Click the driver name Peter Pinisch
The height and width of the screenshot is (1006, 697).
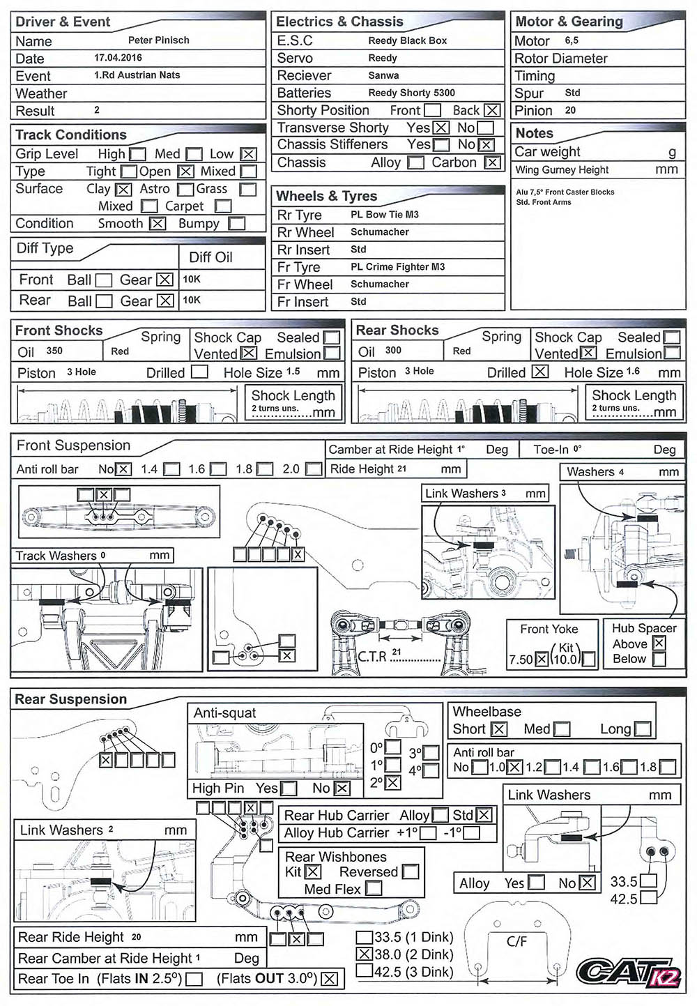(x=158, y=40)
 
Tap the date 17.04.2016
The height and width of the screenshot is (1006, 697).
(x=118, y=58)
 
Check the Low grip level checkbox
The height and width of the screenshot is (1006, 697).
(x=248, y=155)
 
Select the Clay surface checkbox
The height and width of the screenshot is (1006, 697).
(x=123, y=190)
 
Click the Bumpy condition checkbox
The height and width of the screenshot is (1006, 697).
(x=237, y=224)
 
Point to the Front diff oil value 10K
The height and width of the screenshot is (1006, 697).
(x=191, y=280)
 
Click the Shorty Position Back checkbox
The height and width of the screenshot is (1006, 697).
(x=492, y=110)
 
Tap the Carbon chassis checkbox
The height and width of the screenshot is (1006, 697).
(x=492, y=162)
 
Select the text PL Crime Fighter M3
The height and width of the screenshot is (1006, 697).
(x=397, y=267)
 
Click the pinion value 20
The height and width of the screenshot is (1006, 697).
(x=570, y=110)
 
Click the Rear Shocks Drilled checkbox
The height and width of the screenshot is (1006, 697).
(x=539, y=372)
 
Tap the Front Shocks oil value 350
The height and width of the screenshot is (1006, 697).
(x=54, y=351)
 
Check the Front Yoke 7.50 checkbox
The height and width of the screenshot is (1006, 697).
(x=542, y=660)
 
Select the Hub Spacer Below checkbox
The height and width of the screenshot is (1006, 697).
(x=659, y=660)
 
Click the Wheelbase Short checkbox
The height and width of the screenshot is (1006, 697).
(x=498, y=729)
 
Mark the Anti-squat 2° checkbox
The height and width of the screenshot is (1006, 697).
(x=392, y=783)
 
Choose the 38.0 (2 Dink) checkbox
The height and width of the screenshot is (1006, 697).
(x=365, y=954)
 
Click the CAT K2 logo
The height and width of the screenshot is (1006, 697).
(x=629, y=973)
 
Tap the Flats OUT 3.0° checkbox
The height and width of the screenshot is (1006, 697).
(x=329, y=979)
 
